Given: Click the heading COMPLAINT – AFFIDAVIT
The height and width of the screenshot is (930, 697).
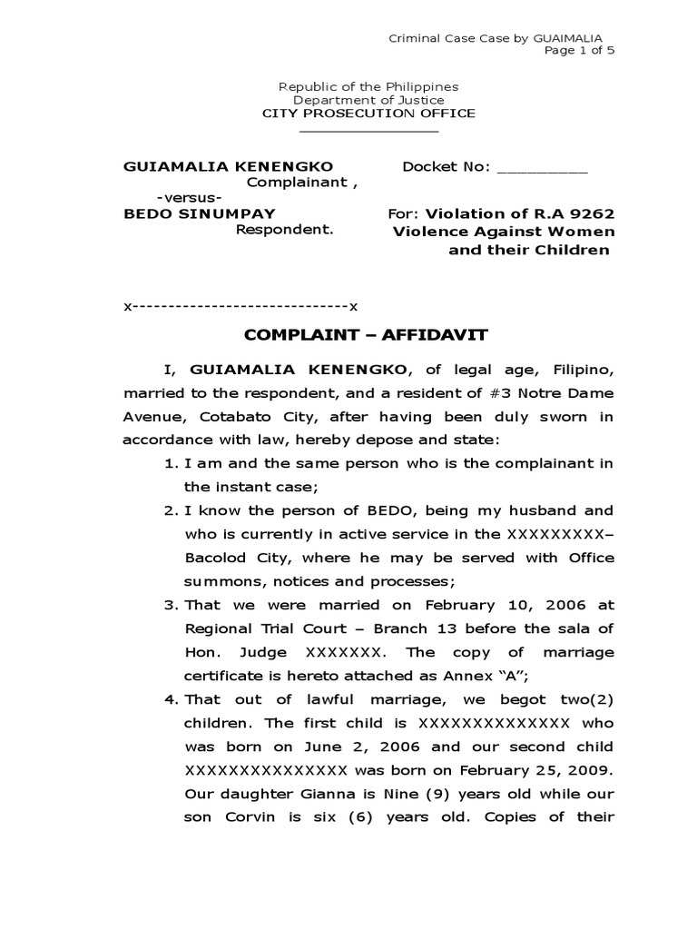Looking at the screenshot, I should tap(367, 335).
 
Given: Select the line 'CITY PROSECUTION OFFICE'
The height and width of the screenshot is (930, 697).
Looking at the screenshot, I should tap(368, 114).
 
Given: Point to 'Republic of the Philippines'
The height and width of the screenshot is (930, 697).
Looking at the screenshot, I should tap(368, 86).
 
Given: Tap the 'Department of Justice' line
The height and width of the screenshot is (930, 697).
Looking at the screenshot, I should tap(368, 100).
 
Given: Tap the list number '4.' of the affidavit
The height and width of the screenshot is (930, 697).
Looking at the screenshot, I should tap(172, 699).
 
